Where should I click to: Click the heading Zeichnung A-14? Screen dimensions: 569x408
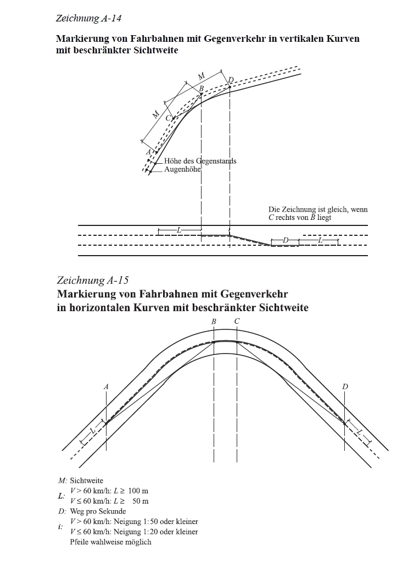[x=88, y=19]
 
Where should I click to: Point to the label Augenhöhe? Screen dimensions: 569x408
[x=182, y=170]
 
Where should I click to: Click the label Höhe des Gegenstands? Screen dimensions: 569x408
[x=200, y=161]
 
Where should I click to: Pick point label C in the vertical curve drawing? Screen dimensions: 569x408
[x=169, y=119]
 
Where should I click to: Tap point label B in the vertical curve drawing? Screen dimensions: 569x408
[x=201, y=89]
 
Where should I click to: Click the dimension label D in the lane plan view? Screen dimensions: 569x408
[x=286, y=241]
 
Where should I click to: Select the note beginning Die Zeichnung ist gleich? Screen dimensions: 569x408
[x=317, y=213]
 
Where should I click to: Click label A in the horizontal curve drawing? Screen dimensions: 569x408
[x=106, y=387]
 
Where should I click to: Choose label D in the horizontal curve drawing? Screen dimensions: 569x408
[x=344, y=386]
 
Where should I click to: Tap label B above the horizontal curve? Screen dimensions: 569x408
[x=214, y=321]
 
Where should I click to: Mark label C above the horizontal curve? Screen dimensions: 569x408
[x=237, y=321]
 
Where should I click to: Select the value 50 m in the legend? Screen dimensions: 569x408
[x=141, y=501]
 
